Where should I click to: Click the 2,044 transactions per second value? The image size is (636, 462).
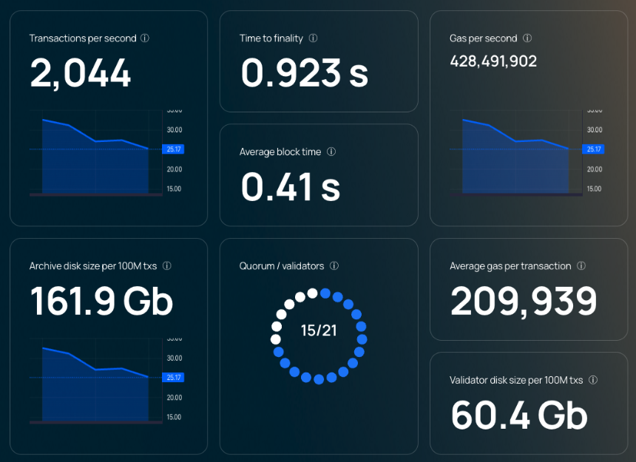coord(81,73)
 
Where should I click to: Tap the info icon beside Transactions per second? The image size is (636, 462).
coord(145,38)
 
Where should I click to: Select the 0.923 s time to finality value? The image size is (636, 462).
coord(304,73)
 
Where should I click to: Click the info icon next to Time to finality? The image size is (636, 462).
coord(313,38)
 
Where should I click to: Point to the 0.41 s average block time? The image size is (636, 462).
coord(291,187)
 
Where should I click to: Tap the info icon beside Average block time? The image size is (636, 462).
coord(331,152)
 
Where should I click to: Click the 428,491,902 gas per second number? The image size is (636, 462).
coord(493,61)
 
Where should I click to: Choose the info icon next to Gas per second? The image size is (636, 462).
coord(527,38)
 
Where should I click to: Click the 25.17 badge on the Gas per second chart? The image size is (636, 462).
coord(593,149)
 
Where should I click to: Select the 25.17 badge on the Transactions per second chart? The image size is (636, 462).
coord(173,149)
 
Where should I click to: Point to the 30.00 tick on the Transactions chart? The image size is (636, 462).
coord(175,129)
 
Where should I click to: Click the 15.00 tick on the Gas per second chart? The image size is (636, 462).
coord(595,188)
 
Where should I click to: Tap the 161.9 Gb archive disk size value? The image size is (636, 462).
coord(101,301)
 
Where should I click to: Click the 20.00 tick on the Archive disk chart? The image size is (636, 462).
coord(175,398)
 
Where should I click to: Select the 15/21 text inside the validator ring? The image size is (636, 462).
coord(319,330)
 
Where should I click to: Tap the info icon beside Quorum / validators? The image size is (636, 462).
coord(334,266)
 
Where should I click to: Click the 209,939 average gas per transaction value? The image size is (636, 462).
coord(524,301)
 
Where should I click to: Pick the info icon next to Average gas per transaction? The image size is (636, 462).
coord(581,266)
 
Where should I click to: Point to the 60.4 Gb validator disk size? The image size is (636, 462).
coord(519,415)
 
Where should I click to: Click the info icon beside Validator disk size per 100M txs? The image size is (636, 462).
coord(593,380)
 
